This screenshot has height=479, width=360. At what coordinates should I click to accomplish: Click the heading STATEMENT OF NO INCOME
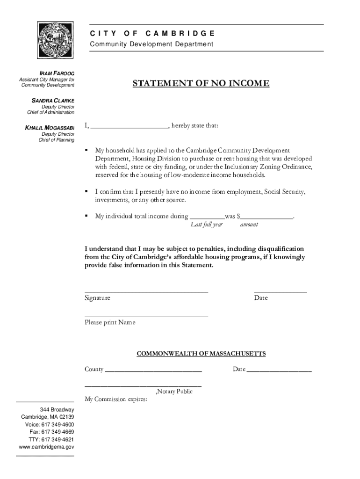pos(201,84)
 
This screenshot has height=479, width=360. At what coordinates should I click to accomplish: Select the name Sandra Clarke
pos(53,100)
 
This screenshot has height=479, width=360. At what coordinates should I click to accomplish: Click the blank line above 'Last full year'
pos(207,218)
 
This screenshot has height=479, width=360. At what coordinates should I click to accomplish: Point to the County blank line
pos(153,371)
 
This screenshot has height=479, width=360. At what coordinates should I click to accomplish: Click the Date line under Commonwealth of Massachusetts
pos(279,371)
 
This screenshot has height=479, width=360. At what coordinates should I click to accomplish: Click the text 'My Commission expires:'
pos(116,399)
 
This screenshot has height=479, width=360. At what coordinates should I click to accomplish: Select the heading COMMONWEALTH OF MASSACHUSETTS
pos(201,354)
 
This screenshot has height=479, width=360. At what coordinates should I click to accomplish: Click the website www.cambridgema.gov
pos(46,447)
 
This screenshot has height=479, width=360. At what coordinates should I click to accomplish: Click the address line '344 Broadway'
pos(57,409)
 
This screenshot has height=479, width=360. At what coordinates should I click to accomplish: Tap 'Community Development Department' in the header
pos(151,44)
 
